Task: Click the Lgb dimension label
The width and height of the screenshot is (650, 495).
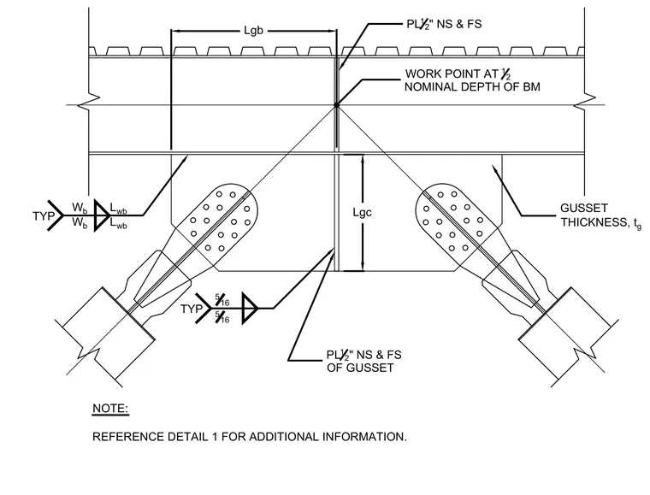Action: (253, 31)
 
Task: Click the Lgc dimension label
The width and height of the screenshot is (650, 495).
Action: (362, 213)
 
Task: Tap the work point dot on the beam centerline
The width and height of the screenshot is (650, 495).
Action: (337, 105)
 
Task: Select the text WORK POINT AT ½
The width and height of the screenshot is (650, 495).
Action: (458, 74)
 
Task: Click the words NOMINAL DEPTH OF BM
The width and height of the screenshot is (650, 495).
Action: (472, 87)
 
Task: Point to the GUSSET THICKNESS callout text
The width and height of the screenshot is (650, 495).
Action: (600, 215)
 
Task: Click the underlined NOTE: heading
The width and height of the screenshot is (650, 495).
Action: (110, 409)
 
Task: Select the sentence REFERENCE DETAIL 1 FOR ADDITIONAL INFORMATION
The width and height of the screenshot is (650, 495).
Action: (250, 437)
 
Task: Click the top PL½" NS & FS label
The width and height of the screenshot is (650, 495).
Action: (444, 24)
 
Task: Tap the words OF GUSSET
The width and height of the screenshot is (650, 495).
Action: (360, 368)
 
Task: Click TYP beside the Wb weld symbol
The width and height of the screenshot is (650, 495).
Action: (44, 215)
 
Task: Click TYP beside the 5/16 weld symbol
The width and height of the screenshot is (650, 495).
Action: (192, 309)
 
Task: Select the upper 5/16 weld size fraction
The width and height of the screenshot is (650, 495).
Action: (222, 299)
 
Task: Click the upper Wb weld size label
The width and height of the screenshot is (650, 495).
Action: (80, 208)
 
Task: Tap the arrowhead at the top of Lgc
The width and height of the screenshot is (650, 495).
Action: (363, 159)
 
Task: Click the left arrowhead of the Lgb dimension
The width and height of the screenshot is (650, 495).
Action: (176, 31)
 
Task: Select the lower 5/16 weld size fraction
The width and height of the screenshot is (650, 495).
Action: (222, 318)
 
